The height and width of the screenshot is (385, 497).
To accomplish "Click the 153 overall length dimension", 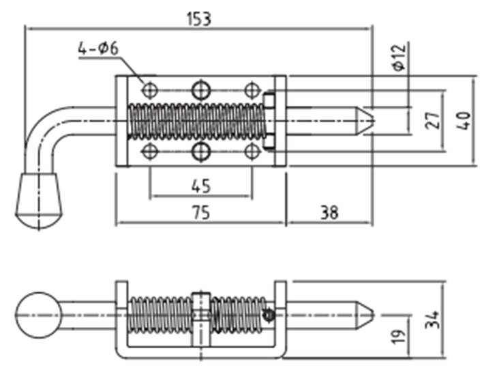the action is coord(199,19).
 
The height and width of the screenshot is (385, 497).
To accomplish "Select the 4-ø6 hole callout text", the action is coord(98,49).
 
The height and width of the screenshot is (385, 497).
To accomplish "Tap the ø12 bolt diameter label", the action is coord(399,57).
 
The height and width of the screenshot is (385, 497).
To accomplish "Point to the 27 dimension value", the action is coord(433,121).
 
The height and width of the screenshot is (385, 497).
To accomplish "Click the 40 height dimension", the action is coord(464,121).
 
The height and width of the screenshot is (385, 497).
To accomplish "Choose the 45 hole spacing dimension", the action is coord(201,186).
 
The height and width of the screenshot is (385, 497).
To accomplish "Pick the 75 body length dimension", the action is coord(201,213).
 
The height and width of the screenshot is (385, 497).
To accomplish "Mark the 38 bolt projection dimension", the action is coord(329,213).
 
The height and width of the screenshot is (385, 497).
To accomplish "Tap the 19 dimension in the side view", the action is coord(398,337).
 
